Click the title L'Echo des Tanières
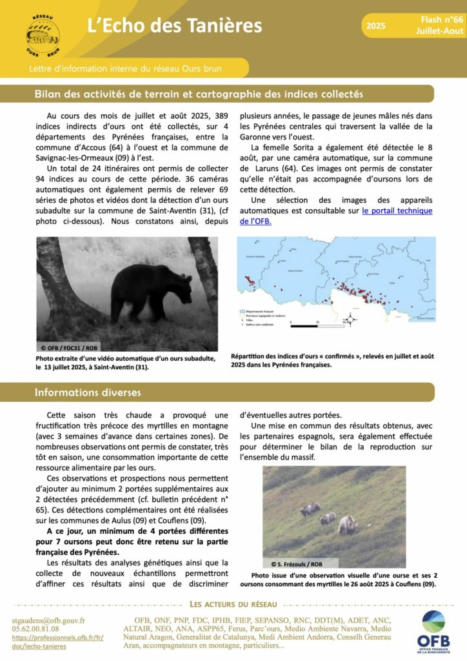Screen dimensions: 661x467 click(175, 25)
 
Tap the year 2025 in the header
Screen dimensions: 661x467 click(375, 26)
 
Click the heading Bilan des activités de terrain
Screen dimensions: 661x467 click(199, 94)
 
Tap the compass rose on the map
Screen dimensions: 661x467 click(348, 318)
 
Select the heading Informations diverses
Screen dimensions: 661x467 click(88, 392)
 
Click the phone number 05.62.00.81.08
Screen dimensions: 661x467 click(36, 629)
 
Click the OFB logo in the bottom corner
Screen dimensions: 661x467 click(433, 631)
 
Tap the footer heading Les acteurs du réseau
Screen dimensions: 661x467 click(233, 604)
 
